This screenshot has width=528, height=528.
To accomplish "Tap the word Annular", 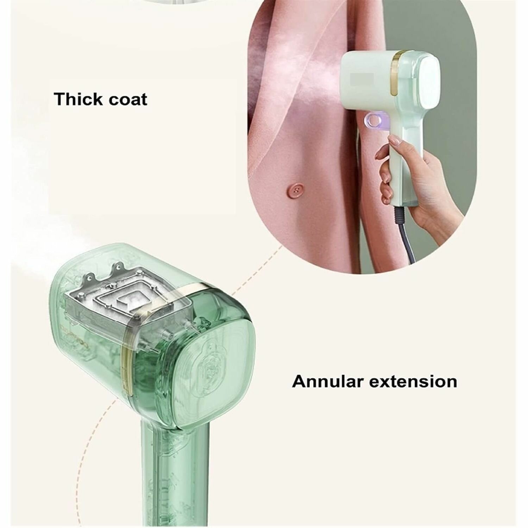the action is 328,381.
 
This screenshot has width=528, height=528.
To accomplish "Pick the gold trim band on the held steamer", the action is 397,74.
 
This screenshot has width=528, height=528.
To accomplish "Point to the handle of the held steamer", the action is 401,169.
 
